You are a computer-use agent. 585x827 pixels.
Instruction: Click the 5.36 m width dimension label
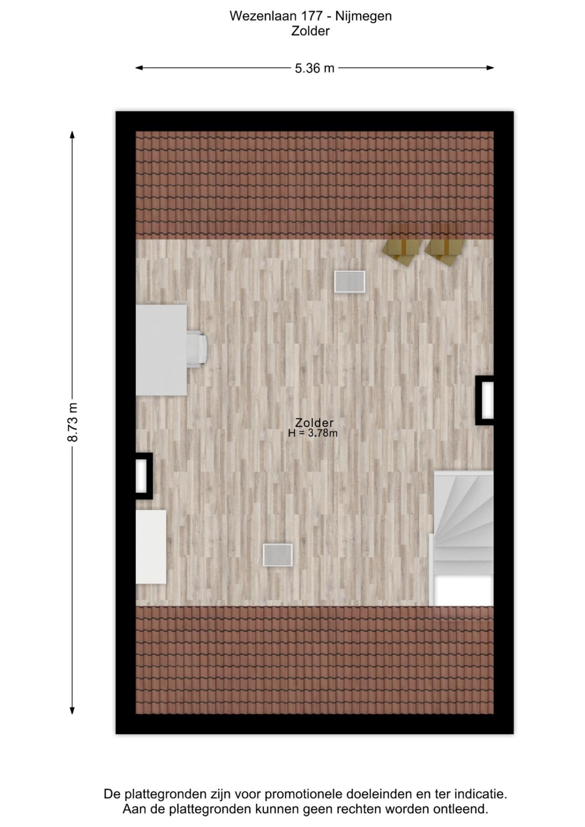(314, 68)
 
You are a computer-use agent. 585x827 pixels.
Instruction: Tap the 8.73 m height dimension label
(72, 423)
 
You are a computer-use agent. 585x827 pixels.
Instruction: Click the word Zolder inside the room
(314, 423)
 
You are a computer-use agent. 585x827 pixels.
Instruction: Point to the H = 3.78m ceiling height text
(313, 433)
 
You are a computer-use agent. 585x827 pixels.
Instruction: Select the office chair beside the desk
(197, 349)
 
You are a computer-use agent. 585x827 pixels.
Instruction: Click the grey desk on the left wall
(161, 350)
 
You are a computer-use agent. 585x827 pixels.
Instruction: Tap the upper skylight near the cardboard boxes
(350, 281)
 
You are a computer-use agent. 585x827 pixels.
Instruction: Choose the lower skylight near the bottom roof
(277, 555)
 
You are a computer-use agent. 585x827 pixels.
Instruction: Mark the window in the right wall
(485, 400)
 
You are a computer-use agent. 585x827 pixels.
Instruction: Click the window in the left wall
(144, 476)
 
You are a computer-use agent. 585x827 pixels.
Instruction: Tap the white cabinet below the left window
(151, 547)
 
